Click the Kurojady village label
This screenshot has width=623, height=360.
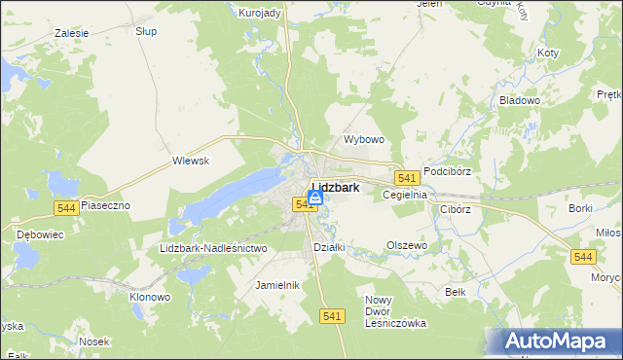pos(260,12)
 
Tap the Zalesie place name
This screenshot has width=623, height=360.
pos(72,33)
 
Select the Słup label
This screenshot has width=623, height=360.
pos(146,31)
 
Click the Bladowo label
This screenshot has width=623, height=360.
pos(519,100)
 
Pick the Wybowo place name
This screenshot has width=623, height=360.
pos(365,139)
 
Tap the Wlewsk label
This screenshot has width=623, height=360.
pos(191,161)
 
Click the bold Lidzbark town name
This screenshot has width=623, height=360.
pos(336,187)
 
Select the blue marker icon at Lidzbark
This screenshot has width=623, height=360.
pos(315,198)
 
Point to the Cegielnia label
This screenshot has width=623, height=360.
pos(406,195)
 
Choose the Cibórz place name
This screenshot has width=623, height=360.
pos(456,208)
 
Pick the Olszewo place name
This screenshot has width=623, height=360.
pos(407,246)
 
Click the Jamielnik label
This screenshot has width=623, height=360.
pos(276,285)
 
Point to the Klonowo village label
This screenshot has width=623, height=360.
pos(150,296)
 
